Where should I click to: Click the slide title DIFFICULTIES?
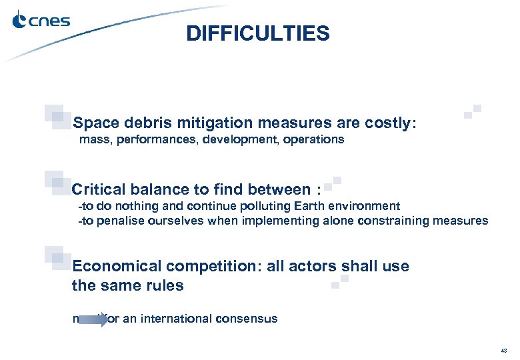(258, 33)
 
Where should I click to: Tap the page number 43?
(503, 350)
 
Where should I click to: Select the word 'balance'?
(157, 190)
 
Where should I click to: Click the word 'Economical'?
(117, 267)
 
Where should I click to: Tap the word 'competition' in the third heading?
(206, 267)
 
